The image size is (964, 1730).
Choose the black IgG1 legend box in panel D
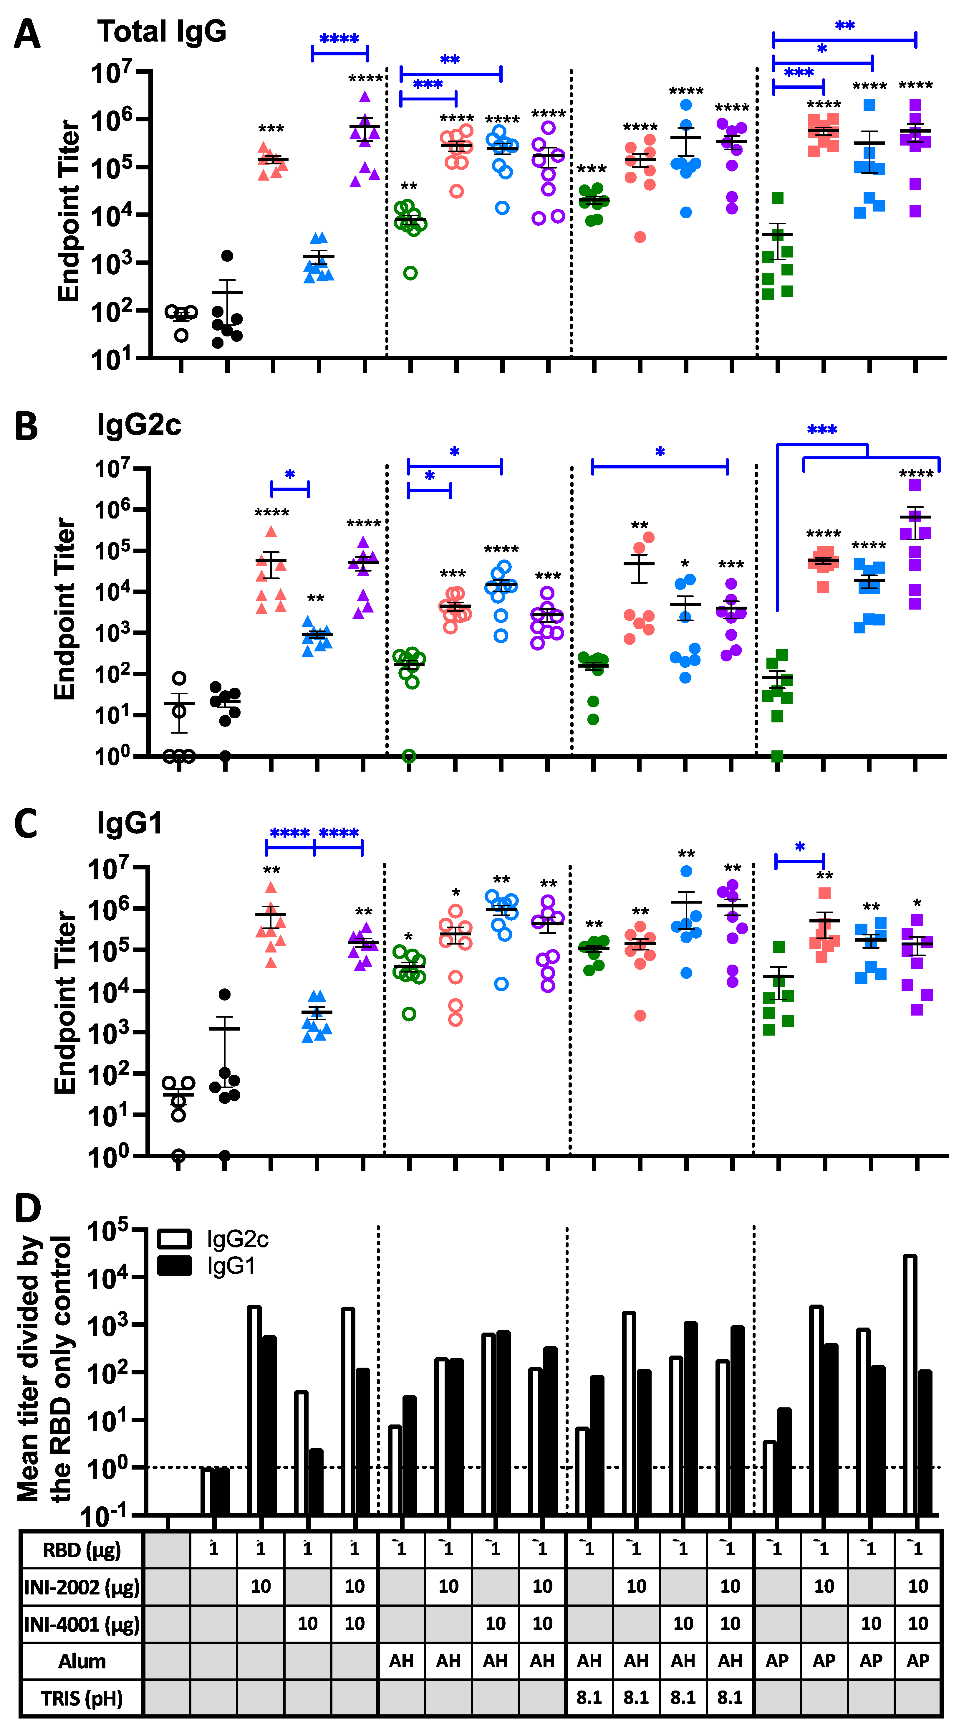point(174,1266)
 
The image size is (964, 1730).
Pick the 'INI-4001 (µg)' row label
point(82,1624)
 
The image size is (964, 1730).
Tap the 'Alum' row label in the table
point(82,1661)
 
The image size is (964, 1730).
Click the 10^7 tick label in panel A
point(111,72)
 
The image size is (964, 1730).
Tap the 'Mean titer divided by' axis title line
point(28,1370)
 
